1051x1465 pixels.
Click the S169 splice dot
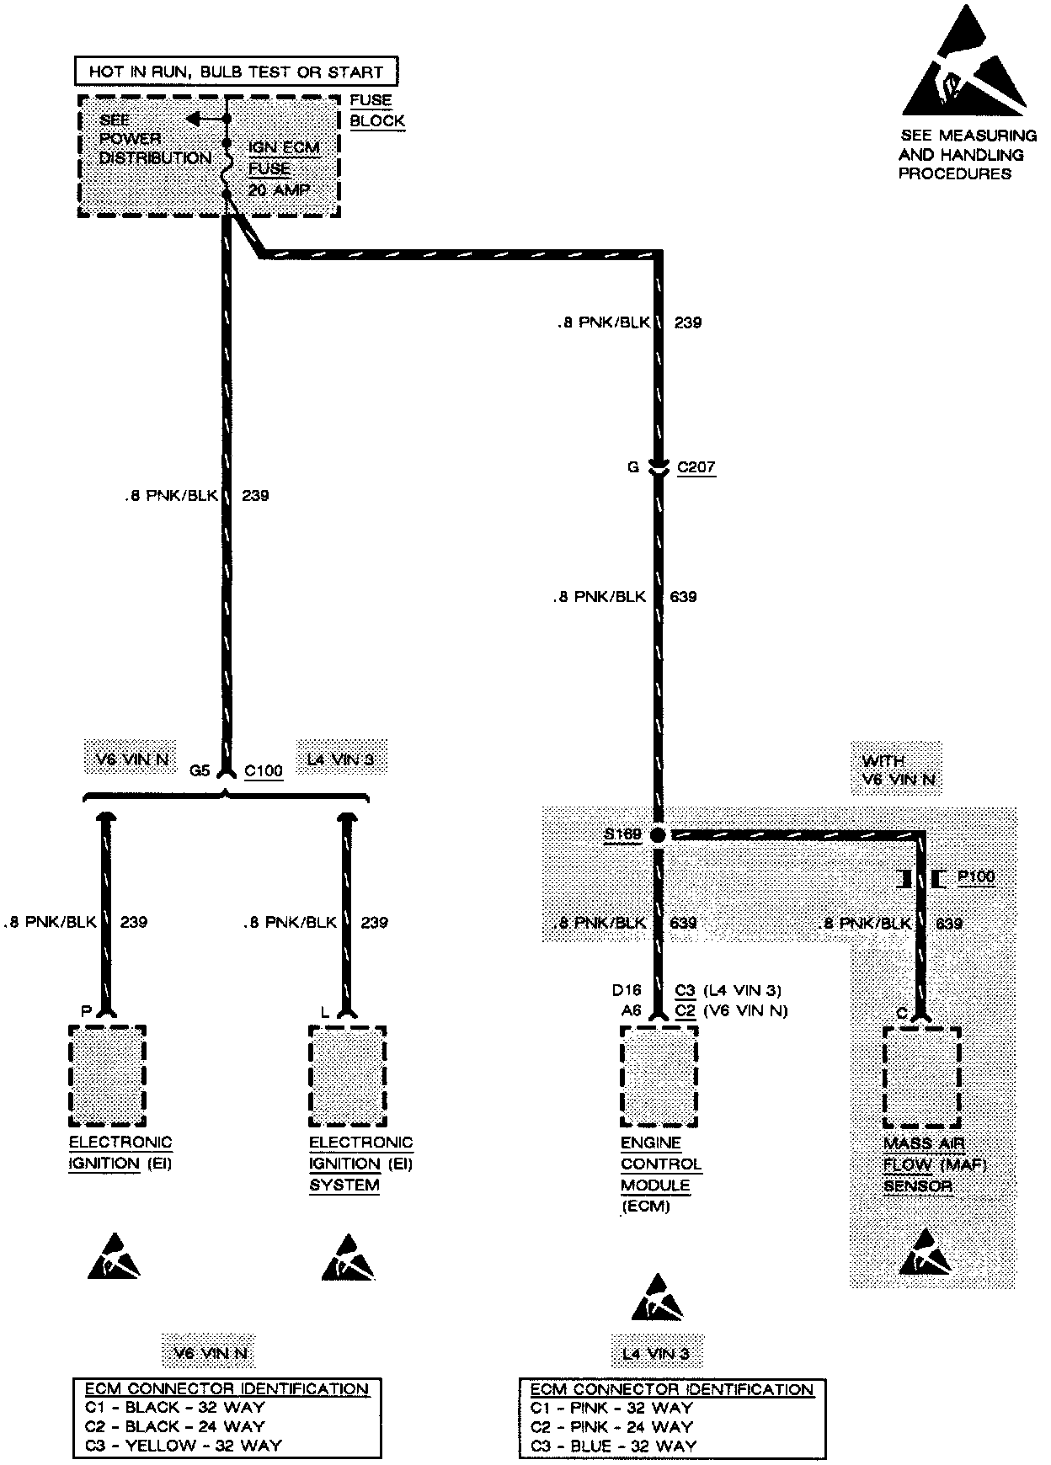click(658, 834)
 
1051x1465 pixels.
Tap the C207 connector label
click(696, 467)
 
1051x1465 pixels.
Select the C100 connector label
click(263, 770)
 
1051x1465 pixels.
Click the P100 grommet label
click(976, 876)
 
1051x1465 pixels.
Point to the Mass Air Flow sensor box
click(921, 1077)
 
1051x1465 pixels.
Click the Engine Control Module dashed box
click(659, 1075)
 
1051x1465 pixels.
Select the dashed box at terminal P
click(107, 1075)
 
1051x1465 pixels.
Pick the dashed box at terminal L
click(347, 1075)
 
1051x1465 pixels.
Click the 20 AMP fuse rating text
click(279, 190)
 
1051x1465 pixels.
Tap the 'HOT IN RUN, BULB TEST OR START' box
click(236, 72)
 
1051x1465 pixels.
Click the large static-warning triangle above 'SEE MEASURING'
click(965, 66)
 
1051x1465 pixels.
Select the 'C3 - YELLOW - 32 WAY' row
click(184, 1445)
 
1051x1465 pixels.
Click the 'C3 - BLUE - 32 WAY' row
click(613, 1446)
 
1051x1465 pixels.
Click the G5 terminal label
click(200, 770)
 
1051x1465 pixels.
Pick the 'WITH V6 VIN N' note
click(899, 770)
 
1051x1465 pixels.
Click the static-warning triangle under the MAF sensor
click(925, 1252)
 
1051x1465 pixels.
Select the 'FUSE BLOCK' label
click(376, 110)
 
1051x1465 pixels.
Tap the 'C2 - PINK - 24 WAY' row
click(611, 1426)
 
